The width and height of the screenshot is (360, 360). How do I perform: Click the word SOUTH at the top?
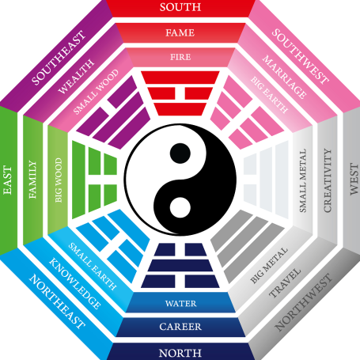180,7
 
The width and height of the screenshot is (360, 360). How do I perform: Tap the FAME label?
180,32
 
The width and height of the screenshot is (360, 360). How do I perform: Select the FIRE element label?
180,57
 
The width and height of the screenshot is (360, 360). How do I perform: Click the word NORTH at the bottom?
180,353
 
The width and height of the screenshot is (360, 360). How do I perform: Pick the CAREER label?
180,327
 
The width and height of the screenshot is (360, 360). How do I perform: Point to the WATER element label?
181,303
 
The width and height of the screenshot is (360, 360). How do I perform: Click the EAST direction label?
8,180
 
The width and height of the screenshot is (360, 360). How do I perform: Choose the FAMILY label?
32,180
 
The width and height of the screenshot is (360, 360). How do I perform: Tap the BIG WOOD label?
59,180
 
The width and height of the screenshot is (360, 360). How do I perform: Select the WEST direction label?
354,179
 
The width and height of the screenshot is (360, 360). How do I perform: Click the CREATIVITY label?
328,180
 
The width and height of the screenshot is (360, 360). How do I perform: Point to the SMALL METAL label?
303,180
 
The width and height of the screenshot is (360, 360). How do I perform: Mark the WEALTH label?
76,77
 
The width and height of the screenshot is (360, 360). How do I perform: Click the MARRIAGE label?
284,77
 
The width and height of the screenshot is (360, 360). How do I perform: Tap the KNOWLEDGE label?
75,283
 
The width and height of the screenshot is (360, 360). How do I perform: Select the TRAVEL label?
285,283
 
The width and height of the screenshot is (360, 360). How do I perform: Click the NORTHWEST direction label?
303,302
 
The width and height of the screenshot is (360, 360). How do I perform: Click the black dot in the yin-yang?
180,153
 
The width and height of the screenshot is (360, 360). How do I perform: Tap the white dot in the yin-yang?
180,207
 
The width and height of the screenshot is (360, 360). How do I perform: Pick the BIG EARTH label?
269,95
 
